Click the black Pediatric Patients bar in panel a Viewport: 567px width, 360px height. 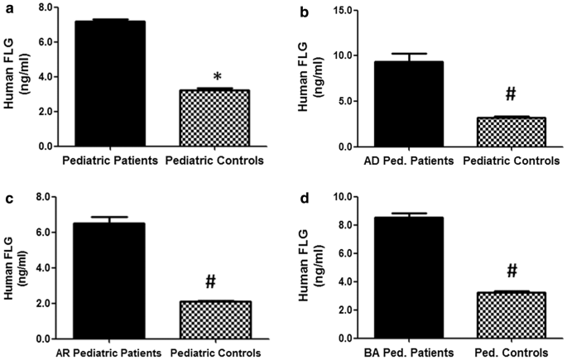tap(111, 84)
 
